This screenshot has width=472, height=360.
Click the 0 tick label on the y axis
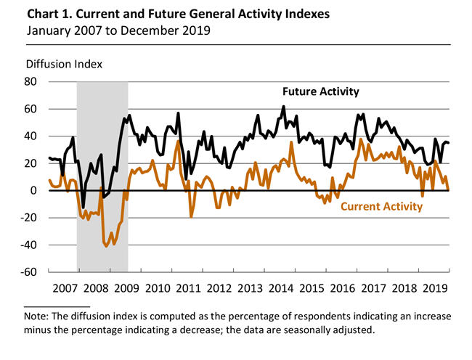33,190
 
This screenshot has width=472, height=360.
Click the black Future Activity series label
320,92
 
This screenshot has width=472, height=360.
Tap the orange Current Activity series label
381,207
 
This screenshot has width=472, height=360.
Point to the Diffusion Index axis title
63,63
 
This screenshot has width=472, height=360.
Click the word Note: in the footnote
38,316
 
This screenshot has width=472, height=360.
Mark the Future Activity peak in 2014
283,107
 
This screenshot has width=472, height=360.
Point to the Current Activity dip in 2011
192,216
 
